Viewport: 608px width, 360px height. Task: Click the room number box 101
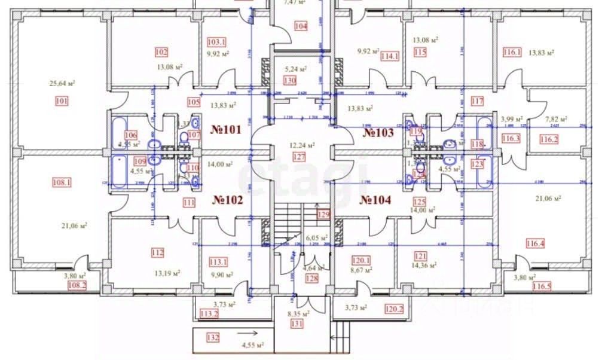61,101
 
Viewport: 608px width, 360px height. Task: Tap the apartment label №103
378,132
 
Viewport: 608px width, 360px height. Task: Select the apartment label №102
227,200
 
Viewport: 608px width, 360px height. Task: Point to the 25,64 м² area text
62,84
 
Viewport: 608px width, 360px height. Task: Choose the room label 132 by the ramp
212,338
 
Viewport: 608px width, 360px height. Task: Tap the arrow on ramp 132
250,332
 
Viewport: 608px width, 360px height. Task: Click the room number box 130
290,80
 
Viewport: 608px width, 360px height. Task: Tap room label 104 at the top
301,26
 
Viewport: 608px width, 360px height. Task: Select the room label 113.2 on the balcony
209,313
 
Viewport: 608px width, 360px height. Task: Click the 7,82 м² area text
557,119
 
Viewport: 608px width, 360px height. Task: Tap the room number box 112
157,253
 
